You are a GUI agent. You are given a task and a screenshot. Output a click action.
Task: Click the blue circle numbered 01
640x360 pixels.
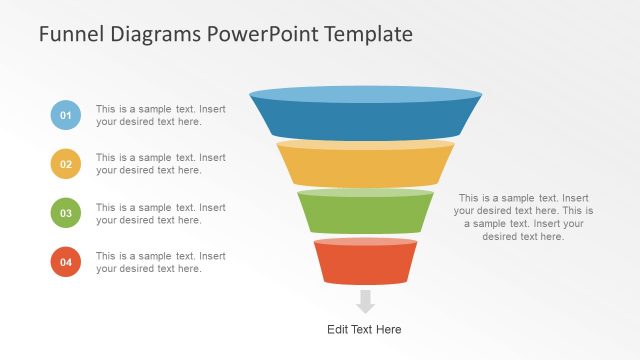pos(66,116)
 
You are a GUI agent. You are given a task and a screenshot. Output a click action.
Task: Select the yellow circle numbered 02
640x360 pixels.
pos(66,164)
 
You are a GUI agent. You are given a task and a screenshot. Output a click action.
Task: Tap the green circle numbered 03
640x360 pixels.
pos(66,213)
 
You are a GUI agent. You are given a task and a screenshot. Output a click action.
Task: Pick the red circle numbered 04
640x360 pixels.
pos(66,262)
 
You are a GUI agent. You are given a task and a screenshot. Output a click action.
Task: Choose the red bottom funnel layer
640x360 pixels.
pos(365,263)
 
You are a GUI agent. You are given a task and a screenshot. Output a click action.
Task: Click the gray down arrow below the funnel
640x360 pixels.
pos(365,301)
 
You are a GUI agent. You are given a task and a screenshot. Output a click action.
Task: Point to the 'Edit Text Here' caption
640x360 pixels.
pos(365,329)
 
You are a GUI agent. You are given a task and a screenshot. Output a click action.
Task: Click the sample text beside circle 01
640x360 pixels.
pos(160,115)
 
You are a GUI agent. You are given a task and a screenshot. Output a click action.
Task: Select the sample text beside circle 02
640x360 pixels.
pos(160,164)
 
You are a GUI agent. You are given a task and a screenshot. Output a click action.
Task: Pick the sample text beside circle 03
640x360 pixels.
pos(160,213)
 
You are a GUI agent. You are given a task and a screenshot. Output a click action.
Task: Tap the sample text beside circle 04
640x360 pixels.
pos(160,262)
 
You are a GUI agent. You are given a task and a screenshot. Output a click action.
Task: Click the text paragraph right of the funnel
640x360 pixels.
pos(523,217)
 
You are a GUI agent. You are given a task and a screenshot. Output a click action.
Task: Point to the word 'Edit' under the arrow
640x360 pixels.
pos(338,329)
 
